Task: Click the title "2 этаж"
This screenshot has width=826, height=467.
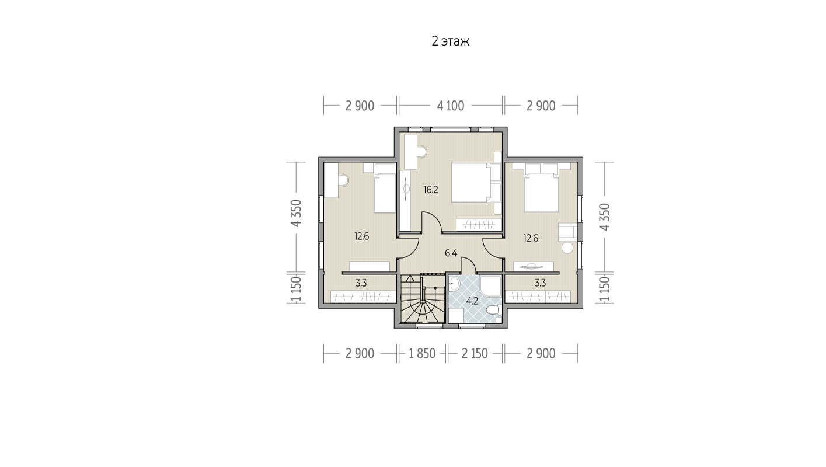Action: pyautogui.click(x=450, y=41)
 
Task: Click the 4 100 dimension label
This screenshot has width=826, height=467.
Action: pyautogui.click(x=450, y=106)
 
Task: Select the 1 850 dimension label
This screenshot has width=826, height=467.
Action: pyautogui.click(x=422, y=354)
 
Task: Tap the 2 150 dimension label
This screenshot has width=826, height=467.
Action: pyautogui.click(x=475, y=354)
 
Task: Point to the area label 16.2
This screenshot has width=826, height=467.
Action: pyautogui.click(x=430, y=190)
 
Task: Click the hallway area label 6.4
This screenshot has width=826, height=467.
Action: pyautogui.click(x=451, y=253)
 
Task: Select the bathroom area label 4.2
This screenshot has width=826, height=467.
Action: pyautogui.click(x=472, y=301)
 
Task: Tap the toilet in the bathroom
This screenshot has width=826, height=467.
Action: pyautogui.click(x=493, y=310)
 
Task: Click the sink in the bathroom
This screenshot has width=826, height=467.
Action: pyautogui.click(x=454, y=283)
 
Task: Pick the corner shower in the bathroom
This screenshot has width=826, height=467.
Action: pyautogui.click(x=491, y=286)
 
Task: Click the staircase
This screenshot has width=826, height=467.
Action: pyautogui.click(x=423, y=298)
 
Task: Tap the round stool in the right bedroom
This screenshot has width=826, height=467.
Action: pyautogui.click(x=567, y=248)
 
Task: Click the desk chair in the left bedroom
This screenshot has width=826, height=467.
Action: pyautogui.click(x=86, y=180)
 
